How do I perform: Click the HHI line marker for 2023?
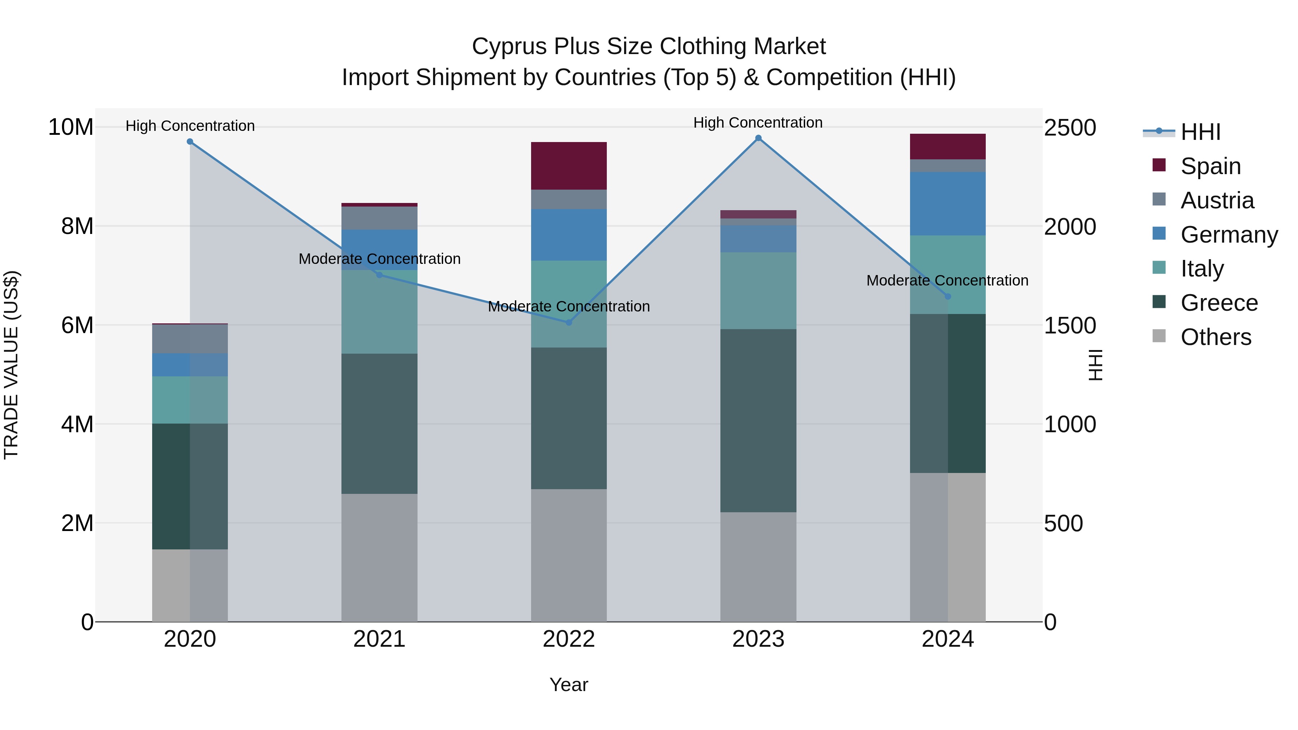click(x=758, y=138)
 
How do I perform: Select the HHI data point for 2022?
click(x=569, y=322)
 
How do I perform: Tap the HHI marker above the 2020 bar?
click(x=190, y=142)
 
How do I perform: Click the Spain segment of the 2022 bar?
click(x=569, y=166)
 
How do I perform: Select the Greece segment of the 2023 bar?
click(x=758, y=421)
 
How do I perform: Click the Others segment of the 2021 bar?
click(x=379, y=557)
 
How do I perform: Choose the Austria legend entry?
click(x=1217, y=200)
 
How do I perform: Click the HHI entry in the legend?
click(x=1200, y=132)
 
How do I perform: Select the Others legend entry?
click(x=1215, y=337)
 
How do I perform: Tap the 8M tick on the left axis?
click(x=77, y=226)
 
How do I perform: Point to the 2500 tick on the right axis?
click(x=1069, y=128)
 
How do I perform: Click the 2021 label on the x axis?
click(x=379, y=639)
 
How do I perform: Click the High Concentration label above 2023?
click(x=758, y=123)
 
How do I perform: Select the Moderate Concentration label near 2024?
click(x=947, y=280)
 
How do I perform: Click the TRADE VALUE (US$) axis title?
click(x=11, y=365)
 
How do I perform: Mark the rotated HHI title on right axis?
click(x=1095, y=365)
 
